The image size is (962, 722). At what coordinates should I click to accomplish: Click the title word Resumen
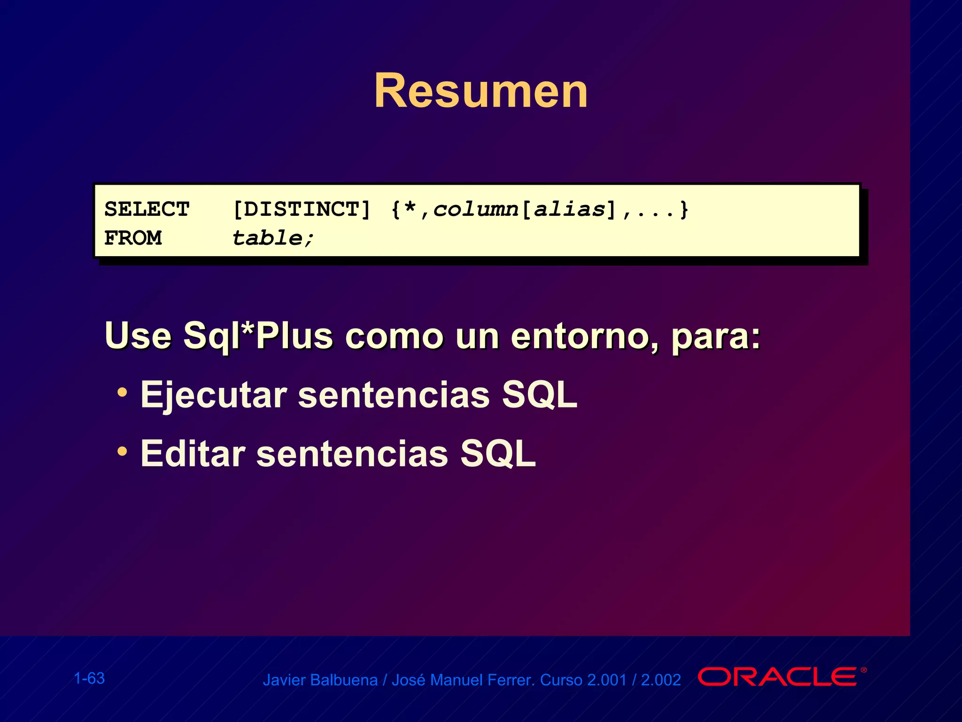pos(481,91)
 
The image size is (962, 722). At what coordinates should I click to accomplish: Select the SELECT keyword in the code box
pos(147,209)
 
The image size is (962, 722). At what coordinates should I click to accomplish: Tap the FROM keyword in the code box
pos(133,238)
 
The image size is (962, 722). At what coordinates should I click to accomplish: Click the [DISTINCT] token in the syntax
pos(302,209)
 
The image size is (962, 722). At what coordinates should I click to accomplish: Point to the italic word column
pos(475,209)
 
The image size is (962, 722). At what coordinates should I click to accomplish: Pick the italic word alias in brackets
pos(569,209)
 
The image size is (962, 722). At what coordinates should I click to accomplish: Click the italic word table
pos(267,238)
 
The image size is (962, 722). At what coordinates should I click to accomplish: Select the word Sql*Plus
pos(258,336)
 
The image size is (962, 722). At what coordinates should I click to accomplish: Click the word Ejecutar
pos(214,395)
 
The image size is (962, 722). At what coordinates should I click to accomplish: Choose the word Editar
pos(193,454)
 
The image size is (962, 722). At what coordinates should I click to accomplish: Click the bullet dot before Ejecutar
pos(122,392)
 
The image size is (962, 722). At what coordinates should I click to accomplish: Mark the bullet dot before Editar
pos(122,452)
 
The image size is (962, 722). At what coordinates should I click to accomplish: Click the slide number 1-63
pos(89,678)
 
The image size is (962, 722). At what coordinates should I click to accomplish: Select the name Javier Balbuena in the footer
pos(320,680)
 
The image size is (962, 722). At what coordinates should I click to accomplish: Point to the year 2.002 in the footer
pos(661,680)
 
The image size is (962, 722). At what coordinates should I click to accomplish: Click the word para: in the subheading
pos(715,336)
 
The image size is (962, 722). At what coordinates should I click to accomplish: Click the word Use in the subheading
pos(138,336)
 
